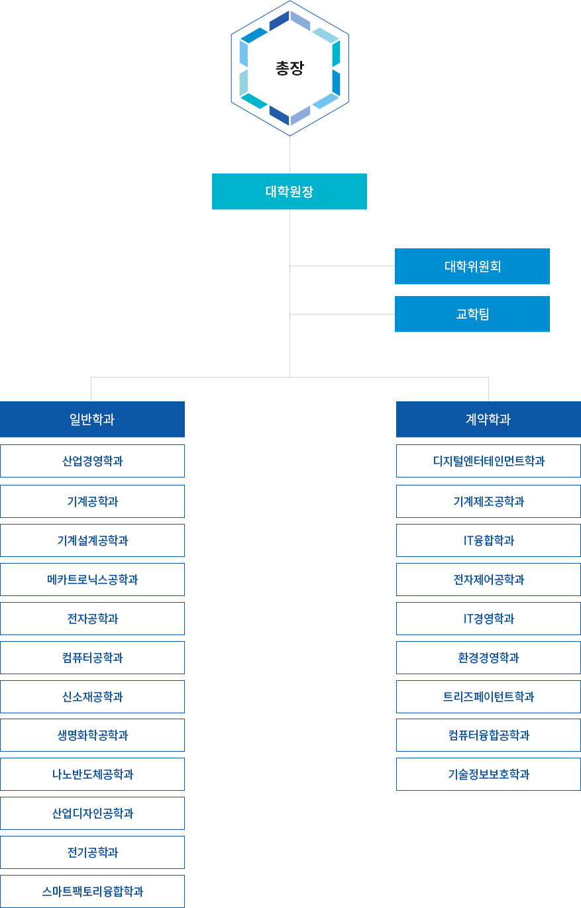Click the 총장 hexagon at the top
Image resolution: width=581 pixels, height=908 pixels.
(x=290, y=68)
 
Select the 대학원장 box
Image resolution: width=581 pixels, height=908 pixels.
(x=290, y=192)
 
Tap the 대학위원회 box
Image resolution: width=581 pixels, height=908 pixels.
(x=472, y=266)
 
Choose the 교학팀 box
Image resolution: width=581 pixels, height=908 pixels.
(x=472, y=314)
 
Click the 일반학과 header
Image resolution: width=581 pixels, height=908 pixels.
(x=93, y=419)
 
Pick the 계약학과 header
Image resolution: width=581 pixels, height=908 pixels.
(x=488, y=419)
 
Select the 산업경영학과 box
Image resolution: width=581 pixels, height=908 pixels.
(x=93, y=461)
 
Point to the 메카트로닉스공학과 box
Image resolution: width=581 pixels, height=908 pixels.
(x=93, y=580)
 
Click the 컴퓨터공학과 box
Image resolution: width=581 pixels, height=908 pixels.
(x=93, y=658)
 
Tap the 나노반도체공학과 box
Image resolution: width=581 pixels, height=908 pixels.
(x=93, y=774)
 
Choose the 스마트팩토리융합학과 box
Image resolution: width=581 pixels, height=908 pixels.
(x=93, y=891)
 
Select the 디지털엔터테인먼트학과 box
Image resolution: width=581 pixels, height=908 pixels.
(x=488, y=461)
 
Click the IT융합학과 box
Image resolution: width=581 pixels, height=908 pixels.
(x=488, y=540)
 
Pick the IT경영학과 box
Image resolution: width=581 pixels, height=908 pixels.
(x=488, y=619)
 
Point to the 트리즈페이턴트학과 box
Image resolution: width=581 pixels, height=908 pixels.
(x=488, y=697)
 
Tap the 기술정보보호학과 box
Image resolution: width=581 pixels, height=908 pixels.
(x=488, y=774)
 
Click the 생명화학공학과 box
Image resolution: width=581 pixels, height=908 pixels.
(x=93, y=735)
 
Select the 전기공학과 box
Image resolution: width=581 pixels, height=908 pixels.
(x=93, y=852)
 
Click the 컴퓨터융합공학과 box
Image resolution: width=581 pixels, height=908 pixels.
(x=488, y=735)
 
